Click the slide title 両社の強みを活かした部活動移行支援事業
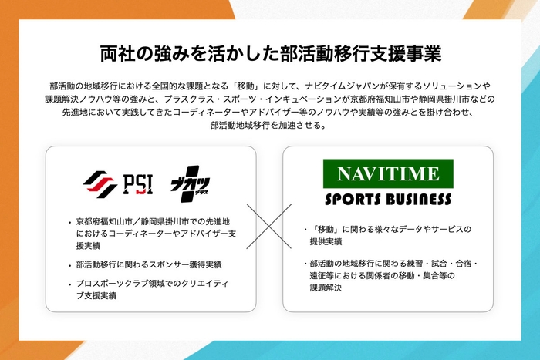pyautogui.click(x=270, y=53)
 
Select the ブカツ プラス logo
pyautogui.click(x=190, y=184)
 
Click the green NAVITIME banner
pyautogui.click(x=387, y=174)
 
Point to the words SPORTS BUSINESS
pyautogui.click(x=387, y=199)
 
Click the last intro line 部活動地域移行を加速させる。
pyautogui.click(x=269, y=126)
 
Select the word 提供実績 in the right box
pyautogui.click(x=327, y=241)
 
